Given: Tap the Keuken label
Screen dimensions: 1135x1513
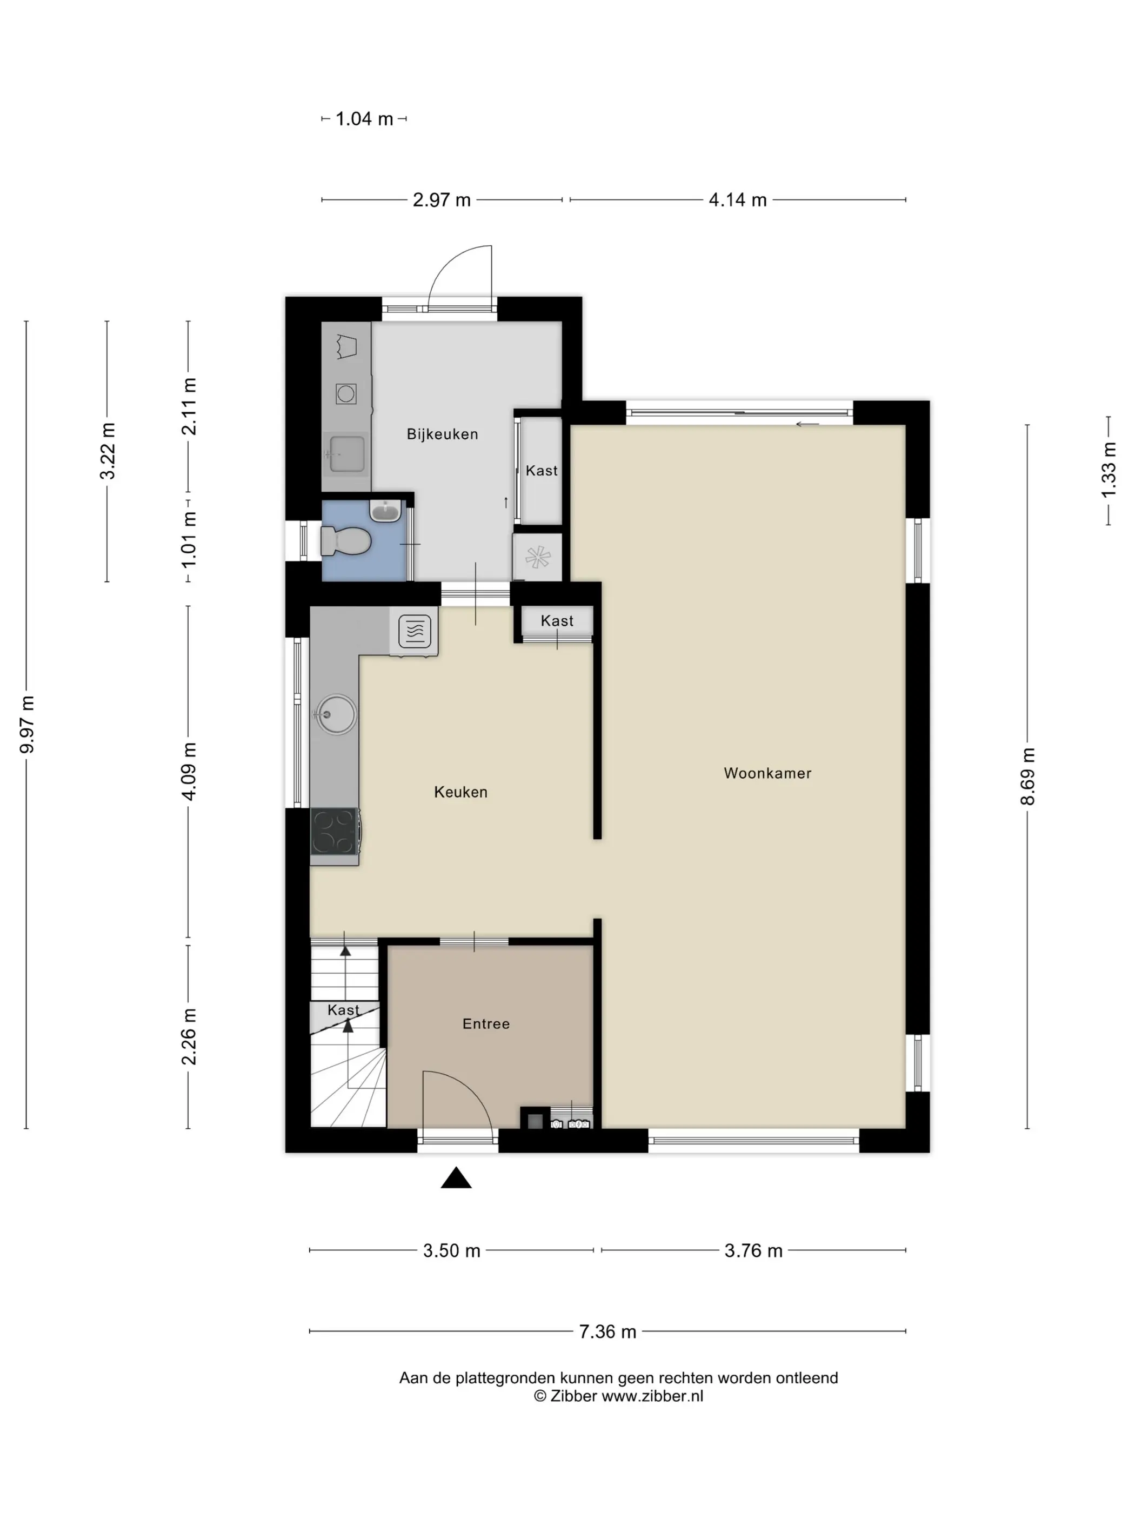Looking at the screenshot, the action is click(460, 792).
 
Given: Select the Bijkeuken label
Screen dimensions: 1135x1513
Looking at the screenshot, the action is click(442, 434).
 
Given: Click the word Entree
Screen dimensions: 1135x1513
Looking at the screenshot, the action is click(486, 1024).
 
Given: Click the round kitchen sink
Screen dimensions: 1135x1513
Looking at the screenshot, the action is click(335, 715).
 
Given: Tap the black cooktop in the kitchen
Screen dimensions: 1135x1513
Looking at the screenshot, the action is click(335, 831).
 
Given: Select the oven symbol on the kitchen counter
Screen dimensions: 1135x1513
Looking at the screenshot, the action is click(414, 631).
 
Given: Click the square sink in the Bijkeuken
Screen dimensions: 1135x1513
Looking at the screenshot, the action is click(347, 453).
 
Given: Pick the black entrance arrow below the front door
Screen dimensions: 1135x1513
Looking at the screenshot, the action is click(456, 1178).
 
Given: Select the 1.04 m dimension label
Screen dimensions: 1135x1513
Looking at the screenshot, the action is click(364, 119).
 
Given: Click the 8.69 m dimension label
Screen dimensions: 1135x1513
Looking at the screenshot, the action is click(1027, 776).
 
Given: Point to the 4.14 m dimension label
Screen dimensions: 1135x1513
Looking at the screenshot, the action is click(738, 200).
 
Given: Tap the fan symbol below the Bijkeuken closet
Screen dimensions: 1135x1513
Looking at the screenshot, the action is click(538, 558).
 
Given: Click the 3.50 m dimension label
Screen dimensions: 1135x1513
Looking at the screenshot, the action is click(451, 1250).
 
